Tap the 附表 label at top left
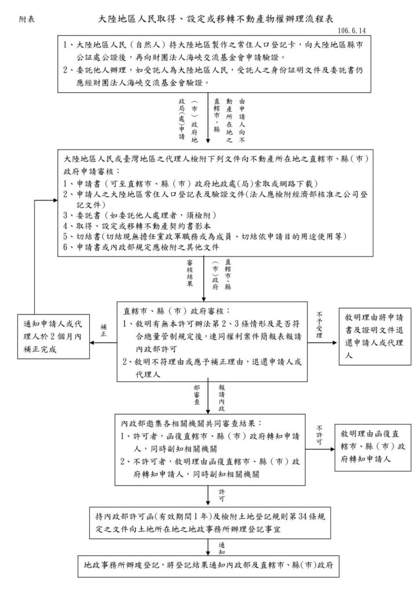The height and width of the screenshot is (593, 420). point(27,19)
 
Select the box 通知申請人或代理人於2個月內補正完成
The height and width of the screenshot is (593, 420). point(53,336)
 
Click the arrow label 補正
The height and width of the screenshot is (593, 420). point(104,331)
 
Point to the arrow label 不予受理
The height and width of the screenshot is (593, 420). point(319,325)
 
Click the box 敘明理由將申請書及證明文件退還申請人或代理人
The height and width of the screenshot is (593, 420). point(375,336)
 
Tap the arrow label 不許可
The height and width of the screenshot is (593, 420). point(319,435)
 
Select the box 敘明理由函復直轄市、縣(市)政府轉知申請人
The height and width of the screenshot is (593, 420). point(372,448)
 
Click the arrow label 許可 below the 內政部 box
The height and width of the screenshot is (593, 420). point(222,496)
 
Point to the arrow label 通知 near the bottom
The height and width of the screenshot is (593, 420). point(222,548)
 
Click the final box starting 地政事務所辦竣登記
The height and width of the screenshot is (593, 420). point(209,566)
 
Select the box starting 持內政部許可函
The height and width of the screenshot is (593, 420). point(210,523)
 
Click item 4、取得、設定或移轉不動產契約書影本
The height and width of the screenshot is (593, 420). point(137,226)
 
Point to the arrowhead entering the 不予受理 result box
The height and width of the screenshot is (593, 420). point(334,343)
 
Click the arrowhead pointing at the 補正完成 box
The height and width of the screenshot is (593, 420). point(92,343)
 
